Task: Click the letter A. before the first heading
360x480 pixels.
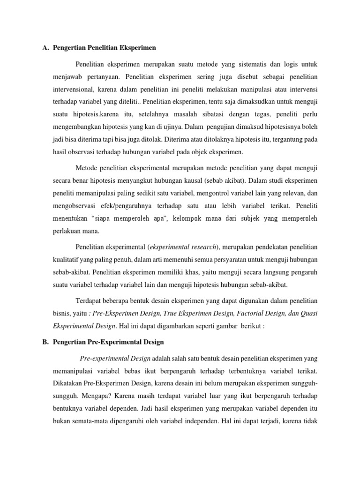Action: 46,48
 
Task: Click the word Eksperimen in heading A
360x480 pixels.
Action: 139,48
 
